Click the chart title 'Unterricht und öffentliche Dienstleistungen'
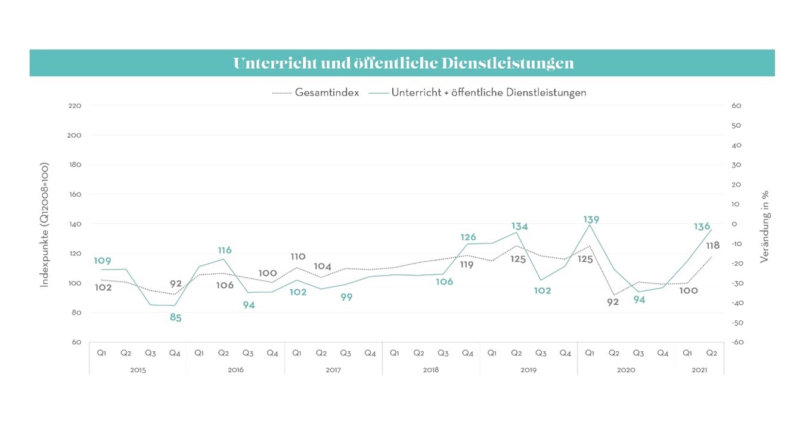pyautogui.click(x=403, y=63)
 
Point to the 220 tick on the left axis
pyautogui.click(x=75, y=106)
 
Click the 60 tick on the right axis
pyautogui.click(x=736, y=106)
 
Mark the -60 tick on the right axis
pyautogui.click(x=737, y=342)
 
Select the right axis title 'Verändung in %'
pyautogui.click(x=765, y=227)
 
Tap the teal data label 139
pyautogui.click(x=591, y=219)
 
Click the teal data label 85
pyautogui.click(x=175, y=318)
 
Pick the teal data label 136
pyautogui.click(x=702, y=227)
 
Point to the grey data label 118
pyautogui.click(x=712, y=245)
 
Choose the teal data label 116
pyautogui.click(x=224, y=250)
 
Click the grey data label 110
pyautogui.click(x=297, y=256)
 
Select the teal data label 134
pyautogui.click(x=519, y=226)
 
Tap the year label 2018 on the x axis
pyautogui.click(x=431, y=370)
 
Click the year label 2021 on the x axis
pyautogui.click(x=699, y=370)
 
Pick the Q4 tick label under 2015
pyautogui.click(x=175, y=353)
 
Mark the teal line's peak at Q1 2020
pyautogui.click(x=590, y=225)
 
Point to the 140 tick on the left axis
pyautogui.click(x=75, y=224)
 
